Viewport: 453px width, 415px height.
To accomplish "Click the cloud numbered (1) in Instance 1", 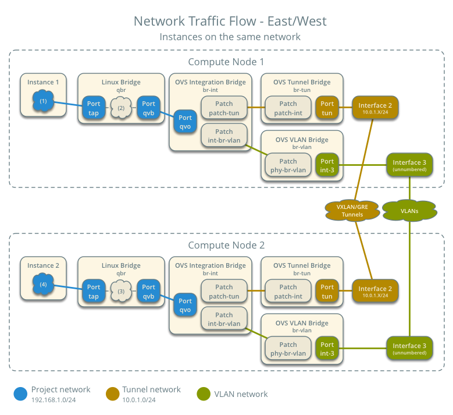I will (43, 101).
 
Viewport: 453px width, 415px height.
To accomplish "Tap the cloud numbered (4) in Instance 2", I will (43, 285).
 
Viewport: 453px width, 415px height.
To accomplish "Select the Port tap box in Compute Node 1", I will (94, 108).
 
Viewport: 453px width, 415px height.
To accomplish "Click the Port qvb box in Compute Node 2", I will (149, 292).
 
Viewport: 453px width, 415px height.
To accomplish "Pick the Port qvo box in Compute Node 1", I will (186, 122).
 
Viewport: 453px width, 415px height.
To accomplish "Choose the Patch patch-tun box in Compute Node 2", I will (224, 292).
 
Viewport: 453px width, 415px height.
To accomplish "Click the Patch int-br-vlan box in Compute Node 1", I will (224, 136).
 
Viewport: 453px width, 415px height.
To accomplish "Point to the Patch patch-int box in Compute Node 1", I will (288, 108).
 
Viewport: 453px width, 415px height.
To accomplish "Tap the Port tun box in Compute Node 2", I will (327, 292).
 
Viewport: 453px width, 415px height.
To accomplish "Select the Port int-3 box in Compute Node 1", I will (327, 166).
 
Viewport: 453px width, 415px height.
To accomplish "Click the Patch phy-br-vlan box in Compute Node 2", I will (288, 349).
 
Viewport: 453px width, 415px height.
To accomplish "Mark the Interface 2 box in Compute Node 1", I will (375, 108).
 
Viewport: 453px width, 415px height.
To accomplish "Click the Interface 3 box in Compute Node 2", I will (409, 349).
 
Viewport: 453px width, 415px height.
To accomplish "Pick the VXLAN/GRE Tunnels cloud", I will (352, 211).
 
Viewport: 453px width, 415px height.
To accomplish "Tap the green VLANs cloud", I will (409, 211).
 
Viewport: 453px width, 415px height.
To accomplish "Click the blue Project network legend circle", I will (21, 394).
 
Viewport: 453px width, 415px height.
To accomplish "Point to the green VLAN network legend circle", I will (204, 394).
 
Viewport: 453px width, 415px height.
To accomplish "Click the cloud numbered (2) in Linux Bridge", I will (121, 108).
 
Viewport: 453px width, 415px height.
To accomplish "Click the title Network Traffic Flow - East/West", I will (230, 22).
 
